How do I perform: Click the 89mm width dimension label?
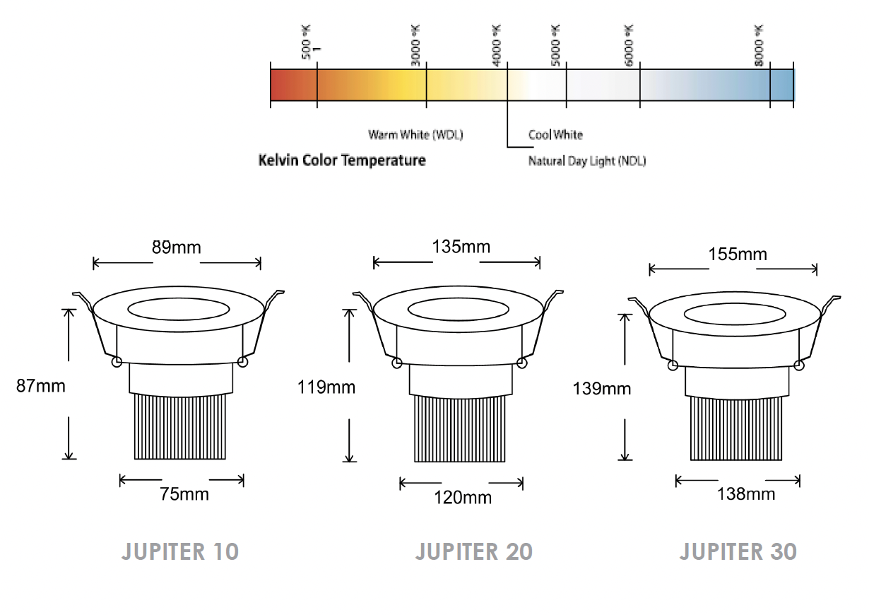(x=176, y=247)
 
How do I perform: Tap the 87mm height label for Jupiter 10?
(x=41, y=386)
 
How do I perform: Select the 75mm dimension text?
(x=184, y=494)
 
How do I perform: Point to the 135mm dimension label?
(x=461, y=247)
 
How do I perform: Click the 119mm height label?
(x=326, y=387)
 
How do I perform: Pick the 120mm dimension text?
(x=463, y=498)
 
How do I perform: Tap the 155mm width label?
(x=738, y=254)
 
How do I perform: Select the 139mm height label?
(x=602, y=388)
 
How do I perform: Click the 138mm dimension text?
(x=745, y=494)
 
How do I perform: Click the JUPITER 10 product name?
(x=180, y=551)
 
